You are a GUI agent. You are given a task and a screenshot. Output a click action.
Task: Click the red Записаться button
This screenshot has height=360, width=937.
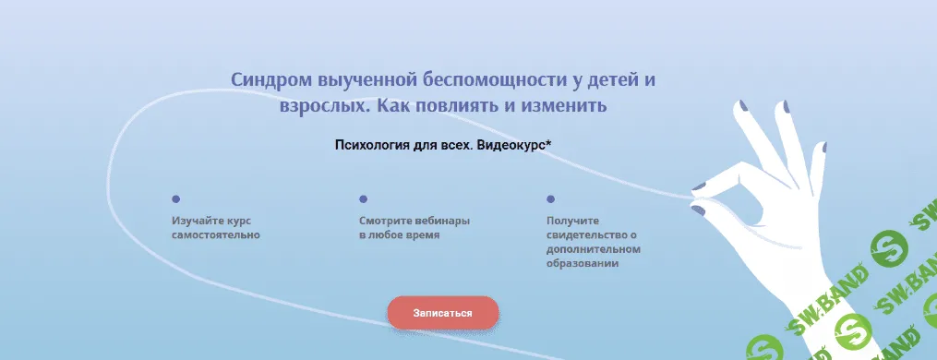[x=443, y=313]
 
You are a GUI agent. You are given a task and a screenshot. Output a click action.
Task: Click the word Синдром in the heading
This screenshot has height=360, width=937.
[x=267, y=79]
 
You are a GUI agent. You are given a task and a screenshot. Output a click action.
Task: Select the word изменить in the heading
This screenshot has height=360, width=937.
[x=569, y=105]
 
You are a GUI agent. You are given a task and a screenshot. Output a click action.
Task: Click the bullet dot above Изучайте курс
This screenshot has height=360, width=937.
[x=175, y=198]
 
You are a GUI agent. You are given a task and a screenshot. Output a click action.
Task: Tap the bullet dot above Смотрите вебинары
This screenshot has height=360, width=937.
[x=363, y=198]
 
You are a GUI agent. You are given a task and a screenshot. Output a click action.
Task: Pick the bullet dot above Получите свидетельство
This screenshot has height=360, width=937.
[x=550, y=198]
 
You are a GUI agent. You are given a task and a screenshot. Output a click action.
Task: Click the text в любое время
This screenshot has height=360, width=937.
[x=399, y=235]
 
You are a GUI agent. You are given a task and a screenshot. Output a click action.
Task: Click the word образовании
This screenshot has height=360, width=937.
[x=582, y=264]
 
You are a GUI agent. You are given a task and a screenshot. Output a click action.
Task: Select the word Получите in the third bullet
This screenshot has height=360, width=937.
[x=572, y=222]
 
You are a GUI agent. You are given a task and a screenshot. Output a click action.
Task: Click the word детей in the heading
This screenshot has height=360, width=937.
[x=615, y=79]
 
